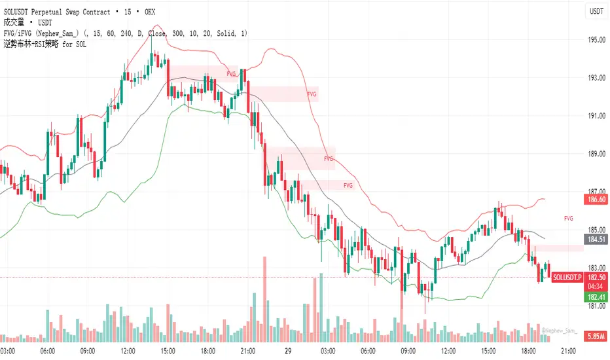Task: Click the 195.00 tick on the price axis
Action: click(x=596, y=40)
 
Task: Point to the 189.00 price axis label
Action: click(x=596, y=154)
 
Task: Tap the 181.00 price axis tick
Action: click(x=596, y=306)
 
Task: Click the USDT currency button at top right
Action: click(x=596, y=11)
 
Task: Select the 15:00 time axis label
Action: click(x=168, y=351)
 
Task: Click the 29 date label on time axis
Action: click(x=288, y=351)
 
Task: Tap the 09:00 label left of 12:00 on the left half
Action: click(x=86, y=351)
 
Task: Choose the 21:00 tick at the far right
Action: click(x=569, y=351)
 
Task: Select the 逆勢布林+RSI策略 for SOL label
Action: click(x=45, y=45)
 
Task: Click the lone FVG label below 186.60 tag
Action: click(x=569, y=218)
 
